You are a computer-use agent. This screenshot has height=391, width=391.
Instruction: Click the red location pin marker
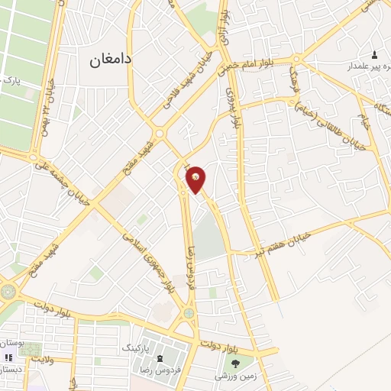(196, 178)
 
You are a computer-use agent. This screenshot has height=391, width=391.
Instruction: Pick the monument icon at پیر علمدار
(374, 55)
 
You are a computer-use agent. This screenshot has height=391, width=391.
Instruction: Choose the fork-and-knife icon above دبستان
(8, 357)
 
